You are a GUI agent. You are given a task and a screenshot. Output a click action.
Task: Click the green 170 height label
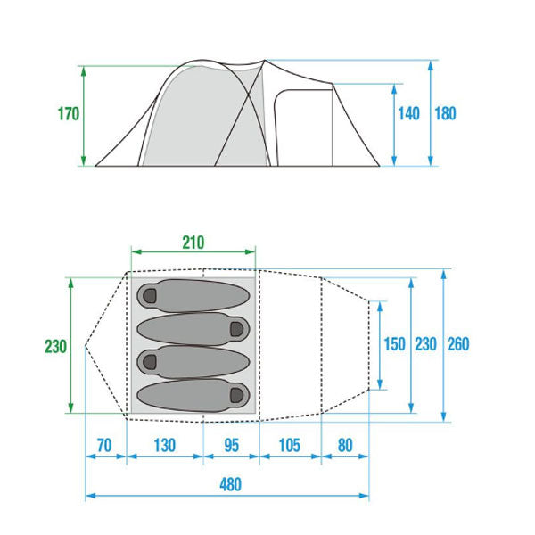pos(69,114)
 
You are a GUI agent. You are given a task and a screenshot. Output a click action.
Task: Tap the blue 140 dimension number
pos(408,113)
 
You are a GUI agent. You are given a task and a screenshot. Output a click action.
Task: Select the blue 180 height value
pos(445,113)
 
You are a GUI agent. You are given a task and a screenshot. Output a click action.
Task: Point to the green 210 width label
pos(193,243)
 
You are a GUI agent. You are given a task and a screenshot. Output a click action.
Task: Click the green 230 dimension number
pos(55,346)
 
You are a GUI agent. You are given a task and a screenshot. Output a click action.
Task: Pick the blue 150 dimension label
pos(394,344)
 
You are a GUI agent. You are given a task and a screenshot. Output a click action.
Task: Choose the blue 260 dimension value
pos(458,344)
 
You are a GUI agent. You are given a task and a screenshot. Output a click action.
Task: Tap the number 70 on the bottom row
pos(104,445)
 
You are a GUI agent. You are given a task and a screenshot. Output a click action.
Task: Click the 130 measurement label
pos(164,445)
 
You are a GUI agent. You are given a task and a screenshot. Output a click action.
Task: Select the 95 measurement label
pos(231,445)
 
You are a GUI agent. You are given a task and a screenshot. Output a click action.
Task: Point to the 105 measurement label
pos(289,445)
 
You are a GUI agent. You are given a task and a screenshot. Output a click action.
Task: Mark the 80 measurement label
pos(345,445)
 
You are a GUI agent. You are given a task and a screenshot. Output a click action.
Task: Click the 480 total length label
pos(231,484)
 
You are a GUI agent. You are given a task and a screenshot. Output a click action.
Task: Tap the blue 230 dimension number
pos(426,344)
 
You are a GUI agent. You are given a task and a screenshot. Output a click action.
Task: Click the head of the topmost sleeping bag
pos(150,295)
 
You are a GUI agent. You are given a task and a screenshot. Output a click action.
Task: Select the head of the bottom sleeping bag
pos(237,395)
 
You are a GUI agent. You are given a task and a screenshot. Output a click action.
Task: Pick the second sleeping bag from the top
pos(193,328)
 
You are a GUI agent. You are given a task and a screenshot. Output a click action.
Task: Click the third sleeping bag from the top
pos(193,362)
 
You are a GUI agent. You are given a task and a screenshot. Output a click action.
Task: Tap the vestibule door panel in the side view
pos(304,128)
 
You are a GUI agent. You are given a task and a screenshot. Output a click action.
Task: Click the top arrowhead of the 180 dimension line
pos(431,65)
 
